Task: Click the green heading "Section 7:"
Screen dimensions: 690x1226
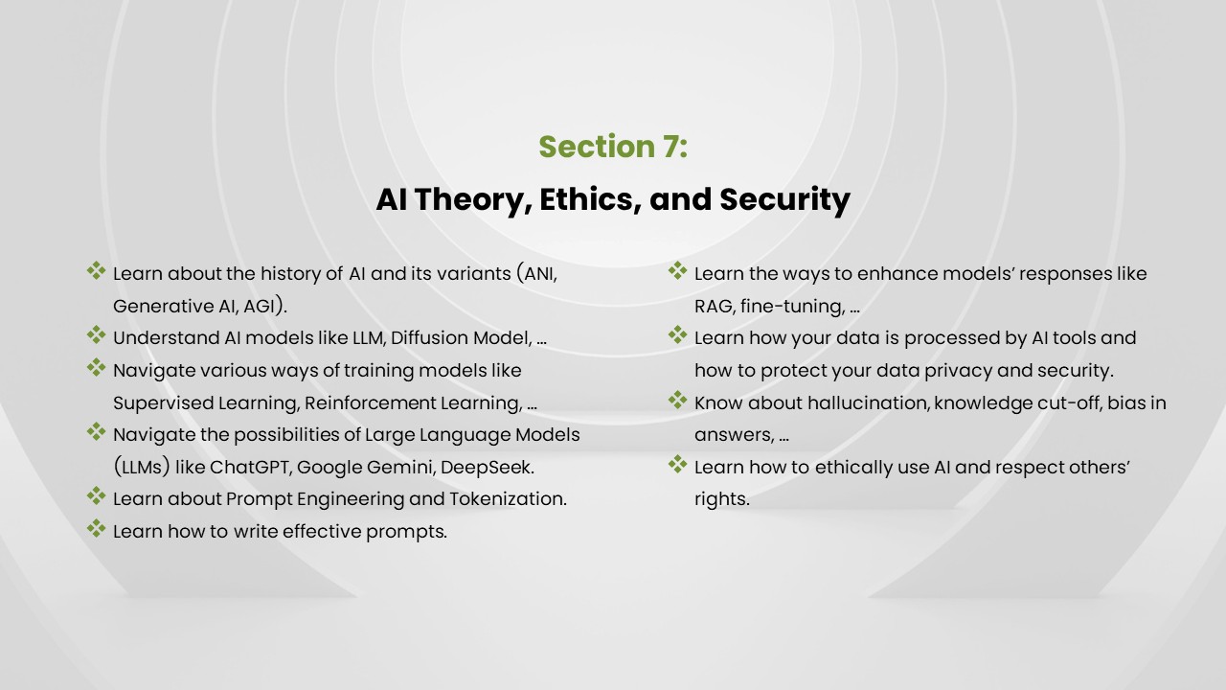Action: click(613, 147)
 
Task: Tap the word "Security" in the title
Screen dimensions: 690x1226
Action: click(784, 199)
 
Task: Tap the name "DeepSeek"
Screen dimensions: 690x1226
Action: click(490, 468)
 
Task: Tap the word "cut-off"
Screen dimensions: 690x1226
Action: click(1067, 402)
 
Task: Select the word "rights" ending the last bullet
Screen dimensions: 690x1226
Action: click(720, 499)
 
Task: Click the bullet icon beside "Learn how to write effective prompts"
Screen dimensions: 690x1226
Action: click(97, 528)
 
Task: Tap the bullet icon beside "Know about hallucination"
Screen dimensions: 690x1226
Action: click(678, 400)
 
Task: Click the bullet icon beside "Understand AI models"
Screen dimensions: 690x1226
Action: click(97, 334)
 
